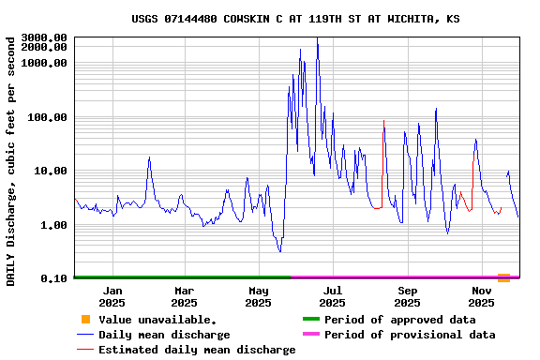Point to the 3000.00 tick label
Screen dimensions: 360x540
[x=44, y=37]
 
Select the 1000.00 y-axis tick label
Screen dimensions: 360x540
[x=44, y=63]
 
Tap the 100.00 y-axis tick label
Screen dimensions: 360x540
[x=48, y=117]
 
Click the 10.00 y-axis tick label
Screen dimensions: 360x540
[x=51, y=171]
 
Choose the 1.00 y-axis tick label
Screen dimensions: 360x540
[x=54, y=225]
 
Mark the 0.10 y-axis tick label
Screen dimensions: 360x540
[x=54, y=279]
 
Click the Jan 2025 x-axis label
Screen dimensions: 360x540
[x=112, y=296]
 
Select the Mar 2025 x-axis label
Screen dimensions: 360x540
[x=184, y=296]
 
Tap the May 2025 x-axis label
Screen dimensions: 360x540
[x=259, y=296]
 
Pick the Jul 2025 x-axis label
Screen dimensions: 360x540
[x=333, y=296]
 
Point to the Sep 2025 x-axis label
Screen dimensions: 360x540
[x=408, y=296]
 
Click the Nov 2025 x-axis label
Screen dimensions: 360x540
[x=482, y=296]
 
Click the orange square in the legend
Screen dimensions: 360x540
[x=85, y=320]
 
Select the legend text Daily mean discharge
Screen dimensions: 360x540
[x=164, y=335]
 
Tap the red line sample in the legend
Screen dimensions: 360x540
[x=85, y=350]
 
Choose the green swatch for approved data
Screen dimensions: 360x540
[x=311, y=320]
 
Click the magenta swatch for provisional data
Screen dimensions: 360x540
[x=311, y=335]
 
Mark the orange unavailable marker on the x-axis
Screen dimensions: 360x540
[x=504, y=277]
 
